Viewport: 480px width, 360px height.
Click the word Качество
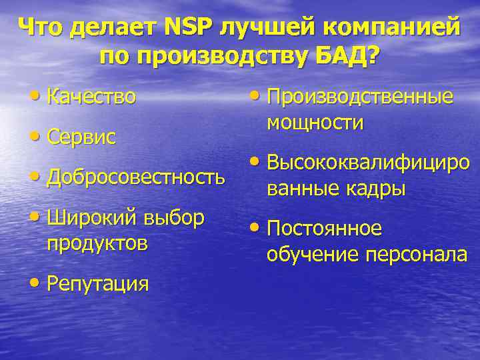coord(91,97)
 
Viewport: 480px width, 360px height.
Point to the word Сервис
coord(81,137)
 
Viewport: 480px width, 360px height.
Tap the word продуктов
coord(97,243)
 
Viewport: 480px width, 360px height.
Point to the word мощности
coord(315,123)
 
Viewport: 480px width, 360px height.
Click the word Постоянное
coord(325,229)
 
